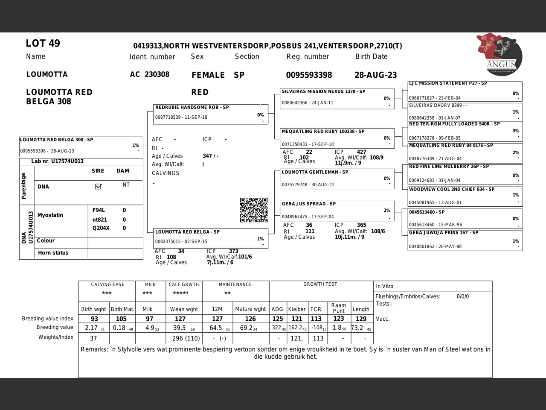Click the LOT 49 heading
pos(43,44)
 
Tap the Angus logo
pos(500,54)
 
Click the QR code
pos(253,210)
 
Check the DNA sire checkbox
pos(98,186)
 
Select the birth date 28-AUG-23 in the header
pos(375,75)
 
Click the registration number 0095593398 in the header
pos(309,75)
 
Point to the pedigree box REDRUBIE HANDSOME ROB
pos(211,114)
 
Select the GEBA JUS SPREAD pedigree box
pos(337,210)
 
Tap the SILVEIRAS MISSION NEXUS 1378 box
pos(337,98)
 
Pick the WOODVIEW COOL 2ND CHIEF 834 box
pos(465,196)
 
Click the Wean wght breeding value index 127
pos(180,319)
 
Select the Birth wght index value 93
pos(94,319)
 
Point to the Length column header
pos(361,309)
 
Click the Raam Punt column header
pos(339,308)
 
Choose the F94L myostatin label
pos(99,210)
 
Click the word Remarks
pos(94,349)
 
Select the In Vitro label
pos(384,286)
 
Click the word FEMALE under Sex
pos(208,75)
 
